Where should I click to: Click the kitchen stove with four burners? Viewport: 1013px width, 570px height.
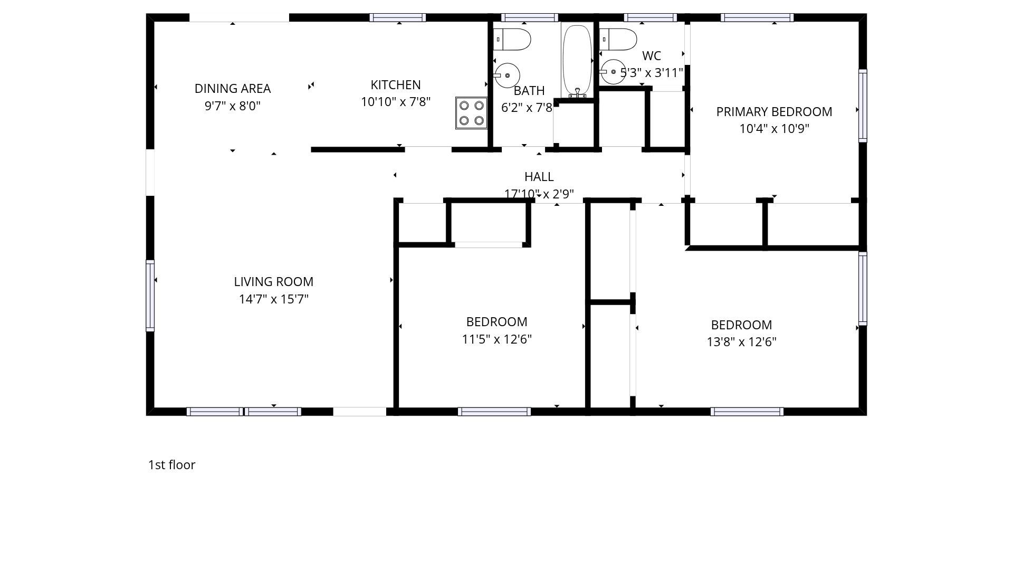pos(471,113)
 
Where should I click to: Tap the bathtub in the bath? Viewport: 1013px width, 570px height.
pos(577,60)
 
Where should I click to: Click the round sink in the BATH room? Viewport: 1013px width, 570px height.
pos(507,75)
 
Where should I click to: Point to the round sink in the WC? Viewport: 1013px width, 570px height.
pos(613,72)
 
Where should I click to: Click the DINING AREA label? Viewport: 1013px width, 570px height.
pos(233,89)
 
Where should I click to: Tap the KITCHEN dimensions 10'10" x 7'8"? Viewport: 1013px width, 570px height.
pos(396,102)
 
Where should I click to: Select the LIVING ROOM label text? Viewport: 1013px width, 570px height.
pos(274,282)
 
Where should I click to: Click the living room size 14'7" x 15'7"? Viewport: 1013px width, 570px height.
pos(274,299)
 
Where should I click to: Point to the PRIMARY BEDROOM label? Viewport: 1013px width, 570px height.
pos(774,112)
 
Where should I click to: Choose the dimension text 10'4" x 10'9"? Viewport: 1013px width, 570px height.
pos(774,129)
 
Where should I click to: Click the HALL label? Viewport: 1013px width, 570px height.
pos(539,177)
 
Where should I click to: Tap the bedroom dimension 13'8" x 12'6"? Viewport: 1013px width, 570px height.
pos(741,342)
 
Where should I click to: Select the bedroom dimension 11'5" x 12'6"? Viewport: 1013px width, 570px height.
pos(496,339)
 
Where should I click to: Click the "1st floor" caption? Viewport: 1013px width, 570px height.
pos(171,465)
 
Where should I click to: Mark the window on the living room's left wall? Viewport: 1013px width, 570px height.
pos(150,296)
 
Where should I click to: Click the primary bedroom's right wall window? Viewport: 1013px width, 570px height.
pos(863,106)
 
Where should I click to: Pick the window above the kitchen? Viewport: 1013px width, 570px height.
pos(397,17)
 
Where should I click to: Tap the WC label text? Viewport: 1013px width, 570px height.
pos(652,56)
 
